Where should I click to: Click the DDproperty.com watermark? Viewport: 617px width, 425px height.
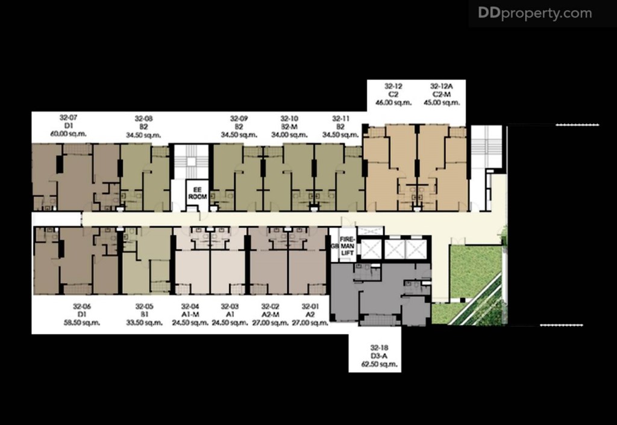click(535, 13)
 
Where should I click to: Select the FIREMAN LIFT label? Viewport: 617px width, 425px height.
click(348, 245)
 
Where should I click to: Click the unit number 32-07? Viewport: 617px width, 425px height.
click(68, 118)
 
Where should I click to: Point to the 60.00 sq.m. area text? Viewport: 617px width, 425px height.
click(68, 134)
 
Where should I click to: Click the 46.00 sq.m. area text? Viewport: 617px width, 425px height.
click(393, 102)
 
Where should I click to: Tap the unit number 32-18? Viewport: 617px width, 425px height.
click(378, 347)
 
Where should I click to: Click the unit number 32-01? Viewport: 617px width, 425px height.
click(310, 306)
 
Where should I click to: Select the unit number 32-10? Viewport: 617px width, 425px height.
click(289, 119)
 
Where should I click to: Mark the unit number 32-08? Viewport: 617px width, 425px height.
click(144, 119)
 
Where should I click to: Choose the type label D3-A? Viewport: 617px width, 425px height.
click(378, 356)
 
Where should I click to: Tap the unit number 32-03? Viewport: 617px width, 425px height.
click(230, 306)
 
